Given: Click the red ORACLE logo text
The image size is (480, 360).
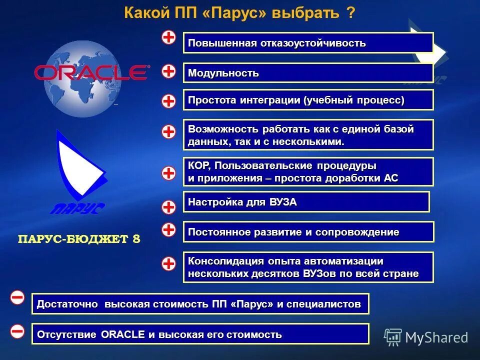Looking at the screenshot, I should [x=91, y=73].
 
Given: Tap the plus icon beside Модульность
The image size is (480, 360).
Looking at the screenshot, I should [x=169, y=71].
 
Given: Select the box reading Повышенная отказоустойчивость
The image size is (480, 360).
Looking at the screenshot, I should [x=308, y=43].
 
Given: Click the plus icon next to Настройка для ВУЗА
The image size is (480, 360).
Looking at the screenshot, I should [x=169, y=206].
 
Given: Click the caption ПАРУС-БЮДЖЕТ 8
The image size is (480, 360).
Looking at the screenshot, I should [x=79, y=239].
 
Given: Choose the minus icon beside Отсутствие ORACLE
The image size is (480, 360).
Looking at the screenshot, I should [x=17, y=331].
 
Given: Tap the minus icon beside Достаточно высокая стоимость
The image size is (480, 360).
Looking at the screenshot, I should [x=17, y=298].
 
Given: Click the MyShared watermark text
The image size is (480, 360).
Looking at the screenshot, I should [x=436, y=337].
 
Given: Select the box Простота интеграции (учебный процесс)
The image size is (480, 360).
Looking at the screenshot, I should [x=308, y=100].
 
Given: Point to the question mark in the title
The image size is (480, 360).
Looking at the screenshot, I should [x=350, y=13].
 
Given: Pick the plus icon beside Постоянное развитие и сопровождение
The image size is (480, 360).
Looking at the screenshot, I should [x=169, y=229].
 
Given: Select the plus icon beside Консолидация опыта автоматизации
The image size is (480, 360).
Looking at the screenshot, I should [x=169, y=263].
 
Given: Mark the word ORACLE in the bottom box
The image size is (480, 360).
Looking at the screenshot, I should [x=122, y=334].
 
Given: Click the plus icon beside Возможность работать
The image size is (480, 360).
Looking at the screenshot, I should [x=169, y=132].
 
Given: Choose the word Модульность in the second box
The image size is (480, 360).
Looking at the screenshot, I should [x=223, y=73].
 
